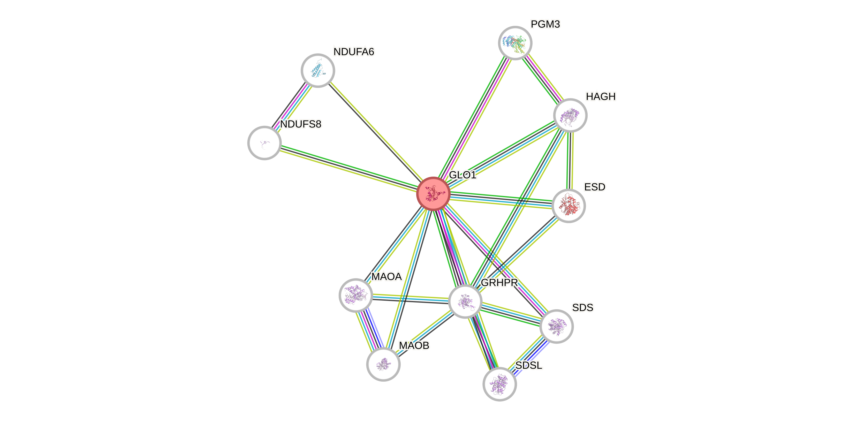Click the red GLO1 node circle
(433, 194)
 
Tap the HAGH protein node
(570, 115)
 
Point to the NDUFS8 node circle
(264, 143)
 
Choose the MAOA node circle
(355, 295)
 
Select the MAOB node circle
(383, 364)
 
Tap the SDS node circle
(556, 326)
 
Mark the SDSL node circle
(499, 384)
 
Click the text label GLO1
(463, 175)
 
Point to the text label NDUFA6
(354, 51)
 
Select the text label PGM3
(545, 24)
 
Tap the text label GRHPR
(499, 283)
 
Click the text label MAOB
(414, 345)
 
